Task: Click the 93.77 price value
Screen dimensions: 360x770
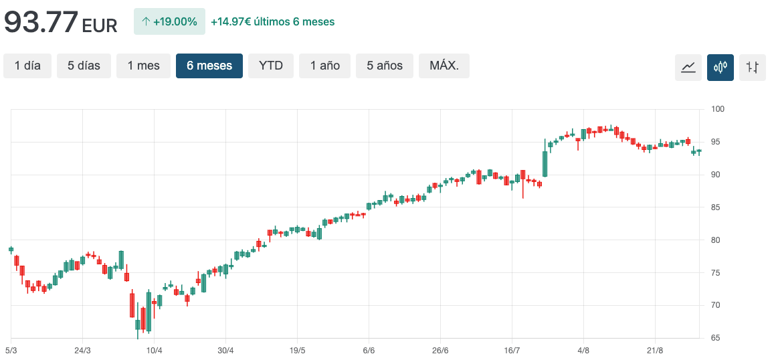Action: click(41, 22)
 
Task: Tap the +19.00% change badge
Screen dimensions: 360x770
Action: click(169, 21)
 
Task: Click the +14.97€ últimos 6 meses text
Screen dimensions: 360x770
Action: click(272, 21)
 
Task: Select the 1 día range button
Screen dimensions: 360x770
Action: click(27, 66)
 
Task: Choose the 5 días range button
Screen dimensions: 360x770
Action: click(84, 66)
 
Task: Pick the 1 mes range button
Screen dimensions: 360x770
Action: click(143, 66)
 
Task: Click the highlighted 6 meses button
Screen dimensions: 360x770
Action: click(209, 66)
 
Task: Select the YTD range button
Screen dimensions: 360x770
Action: click(271, 66)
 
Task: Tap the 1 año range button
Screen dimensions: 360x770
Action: click(324, 66)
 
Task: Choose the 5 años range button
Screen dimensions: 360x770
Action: click(385, 66)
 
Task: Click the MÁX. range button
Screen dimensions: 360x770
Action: click(444, 66)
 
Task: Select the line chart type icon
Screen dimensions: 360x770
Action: click(688, 68)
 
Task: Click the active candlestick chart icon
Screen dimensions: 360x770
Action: click(720, 68)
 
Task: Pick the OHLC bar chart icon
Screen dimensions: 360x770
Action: click(753, 68)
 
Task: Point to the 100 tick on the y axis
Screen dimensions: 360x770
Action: click(717, 109)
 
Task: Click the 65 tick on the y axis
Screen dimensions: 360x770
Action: click(715, 338)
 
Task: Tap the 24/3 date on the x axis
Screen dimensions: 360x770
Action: click(82, 350)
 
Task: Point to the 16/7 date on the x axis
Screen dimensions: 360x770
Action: click(512, 350)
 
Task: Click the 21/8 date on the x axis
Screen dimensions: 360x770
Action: click(655, 350)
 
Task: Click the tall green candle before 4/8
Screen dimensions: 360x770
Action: click(545, 163)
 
